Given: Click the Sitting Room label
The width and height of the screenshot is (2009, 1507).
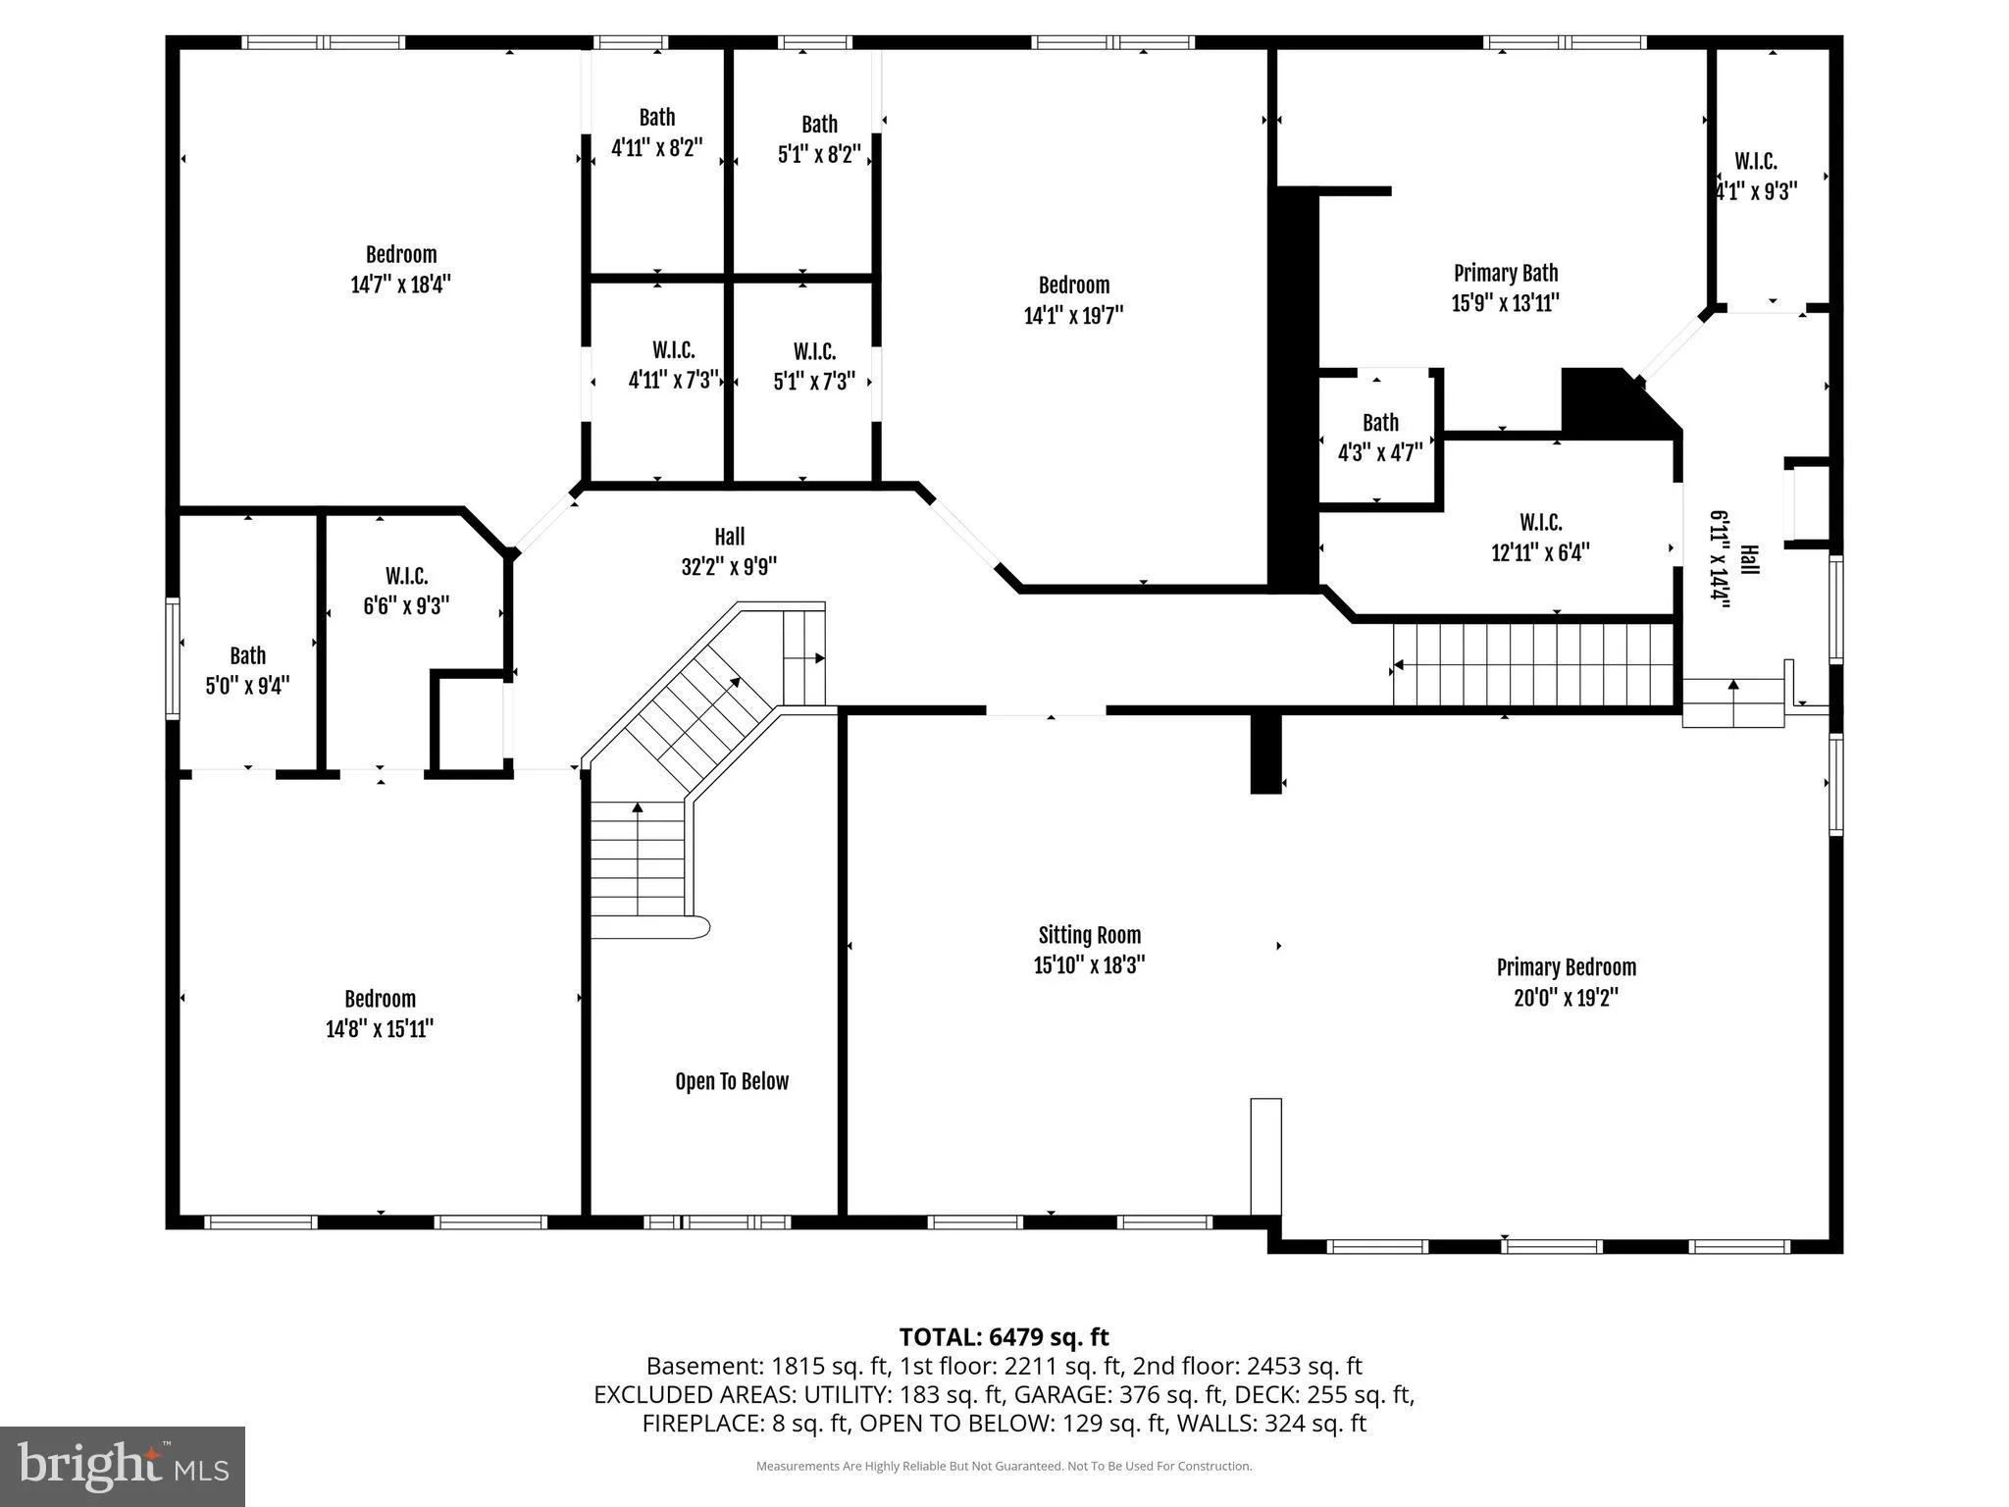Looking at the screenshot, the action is [1089, 935].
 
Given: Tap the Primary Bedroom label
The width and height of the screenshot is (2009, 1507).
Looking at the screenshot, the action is [1566, 967].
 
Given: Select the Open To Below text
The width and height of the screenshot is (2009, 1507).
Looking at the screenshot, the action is [732, 1081].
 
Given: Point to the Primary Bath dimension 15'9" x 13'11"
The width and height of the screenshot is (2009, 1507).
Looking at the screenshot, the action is [1505, 303].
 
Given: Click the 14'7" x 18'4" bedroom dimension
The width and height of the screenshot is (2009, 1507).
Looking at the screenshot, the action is [400, 285].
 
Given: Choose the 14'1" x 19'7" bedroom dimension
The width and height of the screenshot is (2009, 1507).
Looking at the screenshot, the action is [1073, 315].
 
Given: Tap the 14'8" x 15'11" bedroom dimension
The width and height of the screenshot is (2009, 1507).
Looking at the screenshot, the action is [380, 1029].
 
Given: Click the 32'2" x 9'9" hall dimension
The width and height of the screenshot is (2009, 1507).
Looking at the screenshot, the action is [729, 567].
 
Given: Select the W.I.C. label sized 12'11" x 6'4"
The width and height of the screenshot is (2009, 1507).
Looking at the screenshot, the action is [1540, 522].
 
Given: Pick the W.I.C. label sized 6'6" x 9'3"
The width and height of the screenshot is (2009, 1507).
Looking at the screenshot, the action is [406, 576].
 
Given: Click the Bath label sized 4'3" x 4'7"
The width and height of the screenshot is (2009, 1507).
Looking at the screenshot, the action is [1380, 423].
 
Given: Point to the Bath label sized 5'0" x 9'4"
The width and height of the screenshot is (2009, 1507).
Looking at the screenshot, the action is [247, 655].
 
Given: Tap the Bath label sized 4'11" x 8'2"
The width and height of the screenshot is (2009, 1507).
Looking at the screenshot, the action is [656, 118].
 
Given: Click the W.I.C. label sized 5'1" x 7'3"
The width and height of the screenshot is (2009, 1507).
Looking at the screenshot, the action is [814, 351].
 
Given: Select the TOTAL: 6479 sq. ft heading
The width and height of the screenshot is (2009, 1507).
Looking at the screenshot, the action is [1004, 1337].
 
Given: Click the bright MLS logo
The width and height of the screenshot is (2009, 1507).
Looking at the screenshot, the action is [123, 1466].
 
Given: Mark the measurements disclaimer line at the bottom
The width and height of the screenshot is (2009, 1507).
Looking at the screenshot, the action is [1004, 1466].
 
